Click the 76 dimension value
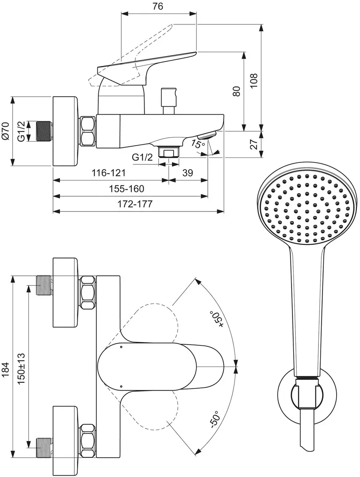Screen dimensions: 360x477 tap(157, 6)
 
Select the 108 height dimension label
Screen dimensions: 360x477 tap(254, 80)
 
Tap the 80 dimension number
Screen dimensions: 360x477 tap(236, 91)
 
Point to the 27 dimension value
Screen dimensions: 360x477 tap(254, 144)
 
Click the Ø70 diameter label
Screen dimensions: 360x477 tap(5, 131)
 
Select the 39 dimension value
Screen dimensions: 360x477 tap(187, 173)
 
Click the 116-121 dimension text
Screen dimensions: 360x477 tap(108, 173)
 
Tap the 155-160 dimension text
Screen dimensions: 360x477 tap(126, 189)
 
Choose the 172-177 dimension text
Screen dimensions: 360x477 tap(135, 204)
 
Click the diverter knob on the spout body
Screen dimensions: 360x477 tap(169, 101)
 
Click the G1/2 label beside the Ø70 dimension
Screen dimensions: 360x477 tap(21, 131)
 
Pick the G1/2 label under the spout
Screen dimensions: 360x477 tap(142, 157)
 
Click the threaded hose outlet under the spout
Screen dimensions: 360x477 tap(169, 152)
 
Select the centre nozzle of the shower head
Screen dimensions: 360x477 tap(307, 211)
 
